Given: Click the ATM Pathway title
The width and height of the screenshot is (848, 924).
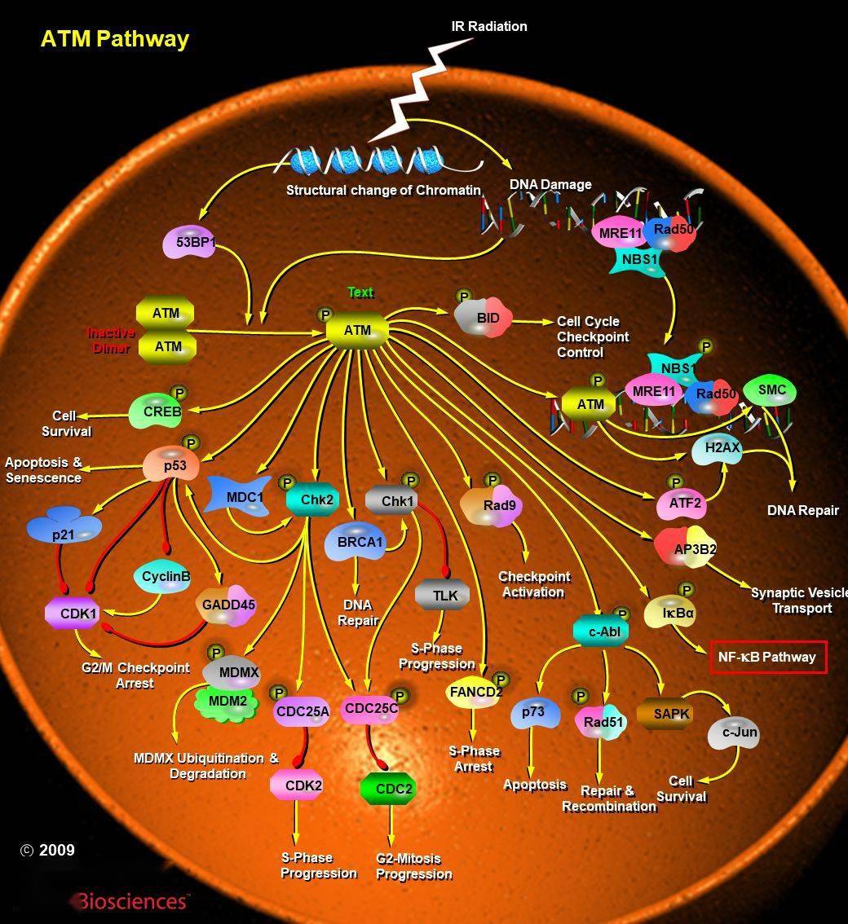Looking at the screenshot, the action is (x=115, y=39).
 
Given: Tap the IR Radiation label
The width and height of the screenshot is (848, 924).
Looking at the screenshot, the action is (x=489, y=26).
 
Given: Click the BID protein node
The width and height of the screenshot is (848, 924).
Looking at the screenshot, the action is (x=484, y=319).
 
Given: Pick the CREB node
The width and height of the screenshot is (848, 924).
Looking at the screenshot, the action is (x=157, y=411).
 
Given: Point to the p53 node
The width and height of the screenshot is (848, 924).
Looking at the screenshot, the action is (x=171, y=464).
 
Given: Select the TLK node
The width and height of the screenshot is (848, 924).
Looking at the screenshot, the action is (x=442, y=595).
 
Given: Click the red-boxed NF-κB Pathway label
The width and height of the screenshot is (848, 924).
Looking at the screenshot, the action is (x=768, y=657).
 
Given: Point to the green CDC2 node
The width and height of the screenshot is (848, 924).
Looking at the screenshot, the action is (x=388, y=789).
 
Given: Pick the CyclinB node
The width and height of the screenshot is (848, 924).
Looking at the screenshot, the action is (x=162, y=576).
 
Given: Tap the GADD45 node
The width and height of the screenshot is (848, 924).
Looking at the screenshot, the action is (x=227, y=605).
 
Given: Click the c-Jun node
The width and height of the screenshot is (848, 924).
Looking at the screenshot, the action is (x=734, y=733).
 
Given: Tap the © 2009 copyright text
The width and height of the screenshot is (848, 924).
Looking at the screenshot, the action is (x=48, y=850).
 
